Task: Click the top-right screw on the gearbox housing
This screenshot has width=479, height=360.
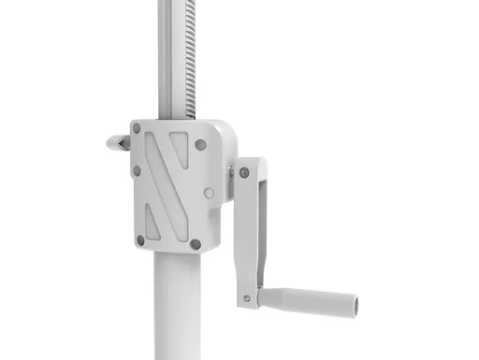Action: tap(200, 145)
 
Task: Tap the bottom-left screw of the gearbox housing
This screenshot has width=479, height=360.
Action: tap(140, 240)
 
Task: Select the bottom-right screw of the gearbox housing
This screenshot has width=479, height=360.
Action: tap(196, 245)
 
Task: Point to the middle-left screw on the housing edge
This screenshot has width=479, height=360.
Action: tap(137, 171)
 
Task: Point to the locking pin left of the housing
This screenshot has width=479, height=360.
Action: tap(117, 143)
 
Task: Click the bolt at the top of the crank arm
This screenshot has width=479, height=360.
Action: tap(243, 174)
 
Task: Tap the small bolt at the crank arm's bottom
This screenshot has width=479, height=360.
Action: tap(247, 299)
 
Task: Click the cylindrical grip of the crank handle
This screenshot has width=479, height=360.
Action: tap(309, 301)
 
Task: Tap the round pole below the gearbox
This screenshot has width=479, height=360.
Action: tap(175, 309)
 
